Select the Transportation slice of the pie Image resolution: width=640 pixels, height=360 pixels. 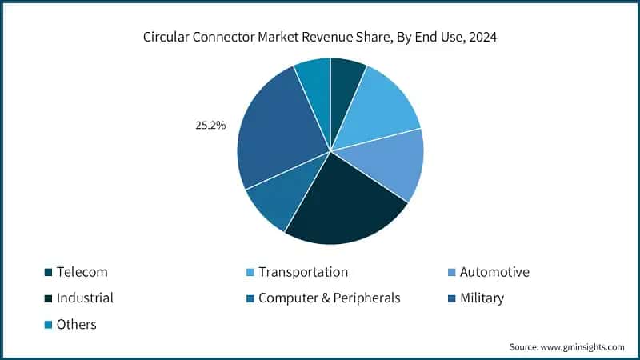click(x=380, y=109)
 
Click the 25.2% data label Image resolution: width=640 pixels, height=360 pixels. click(x=210, y=126)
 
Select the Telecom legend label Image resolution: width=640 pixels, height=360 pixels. click(x=82, y=272)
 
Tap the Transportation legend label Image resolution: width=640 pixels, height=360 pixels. click(x=303, y=272)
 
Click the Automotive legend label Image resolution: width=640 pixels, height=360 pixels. click(x=494, y=272)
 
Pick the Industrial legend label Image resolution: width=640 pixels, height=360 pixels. click(x=85, y=298)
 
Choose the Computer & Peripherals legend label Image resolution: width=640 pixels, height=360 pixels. click(x=329, y=298)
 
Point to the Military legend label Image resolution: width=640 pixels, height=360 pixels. click(x=482, y=298)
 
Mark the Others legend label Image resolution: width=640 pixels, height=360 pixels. click(x=76, y=324)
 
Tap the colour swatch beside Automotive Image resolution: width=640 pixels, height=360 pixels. click(x=451, y=273)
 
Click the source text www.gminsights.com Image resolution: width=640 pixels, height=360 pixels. click(x=583, y=346)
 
